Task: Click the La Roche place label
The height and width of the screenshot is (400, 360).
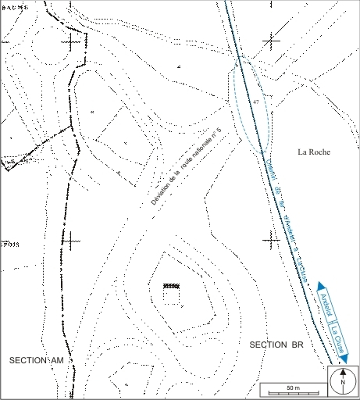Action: click(x=315, y=152)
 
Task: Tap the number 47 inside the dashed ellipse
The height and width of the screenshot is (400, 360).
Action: click(x=255, y=102)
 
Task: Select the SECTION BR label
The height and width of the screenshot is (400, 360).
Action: click(x=276, y=345)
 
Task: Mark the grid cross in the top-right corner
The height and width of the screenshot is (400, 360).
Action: click(x=271, y=39)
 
